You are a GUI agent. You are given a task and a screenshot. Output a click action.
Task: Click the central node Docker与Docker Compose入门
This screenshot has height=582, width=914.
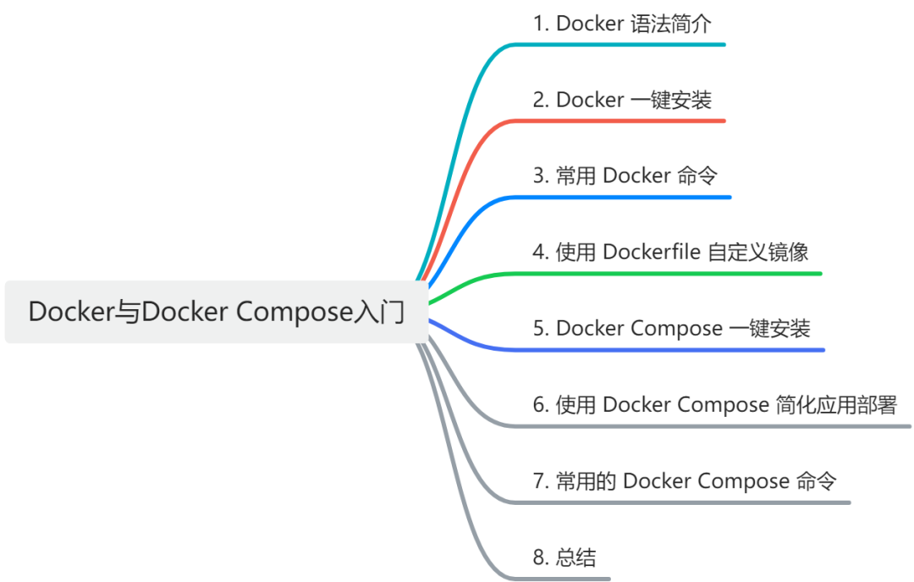point(217,312)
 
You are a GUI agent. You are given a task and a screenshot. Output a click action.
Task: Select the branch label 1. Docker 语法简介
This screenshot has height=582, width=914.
point(621,24)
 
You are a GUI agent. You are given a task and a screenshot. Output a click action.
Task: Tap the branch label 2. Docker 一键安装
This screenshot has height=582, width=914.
point(622,100)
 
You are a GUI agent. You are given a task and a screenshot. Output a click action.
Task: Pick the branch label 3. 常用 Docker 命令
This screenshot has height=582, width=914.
point(625,176)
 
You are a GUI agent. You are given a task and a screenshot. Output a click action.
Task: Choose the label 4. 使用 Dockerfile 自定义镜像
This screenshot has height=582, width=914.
point(670,252)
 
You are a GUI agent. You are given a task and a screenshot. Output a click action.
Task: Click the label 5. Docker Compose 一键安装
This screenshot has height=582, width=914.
point(671,329)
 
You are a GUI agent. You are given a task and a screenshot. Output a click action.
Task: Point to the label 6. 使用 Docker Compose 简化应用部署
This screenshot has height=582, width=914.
point(714,405)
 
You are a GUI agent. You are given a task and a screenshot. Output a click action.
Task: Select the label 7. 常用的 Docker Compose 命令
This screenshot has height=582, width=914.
point(685,481)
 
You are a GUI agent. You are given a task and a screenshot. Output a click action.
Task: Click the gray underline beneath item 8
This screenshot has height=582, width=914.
point(567,579)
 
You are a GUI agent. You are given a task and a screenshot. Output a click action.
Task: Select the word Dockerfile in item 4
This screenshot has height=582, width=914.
point(652,252)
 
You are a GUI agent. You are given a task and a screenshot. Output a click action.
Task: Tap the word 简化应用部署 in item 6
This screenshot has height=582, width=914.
point(835,405)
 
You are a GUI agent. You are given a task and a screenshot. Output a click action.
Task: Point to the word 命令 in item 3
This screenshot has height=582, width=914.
point(697,176)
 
